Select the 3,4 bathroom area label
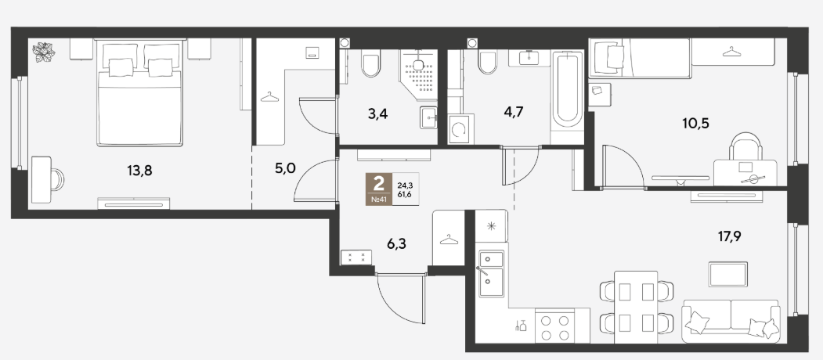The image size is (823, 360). pyautogui.click(x=378, y=114)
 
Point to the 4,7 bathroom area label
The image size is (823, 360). pyautogui.click(x=513, y=111)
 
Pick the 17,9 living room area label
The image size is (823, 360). pyautogui.click(x=730, y=236)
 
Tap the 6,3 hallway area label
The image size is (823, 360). pyautogui.click(x=395, y=243)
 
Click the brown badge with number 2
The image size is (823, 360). pyautogui.click(x=378, y=189)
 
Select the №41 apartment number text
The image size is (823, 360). pyautogui.click(x=378, y=200)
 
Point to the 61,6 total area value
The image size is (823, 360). pyautogui.click(x=405, y=193)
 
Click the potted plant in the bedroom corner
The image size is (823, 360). pyautogui.click(x=44, y=52)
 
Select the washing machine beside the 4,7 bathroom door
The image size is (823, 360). pyautogui.click(x=461, y=128)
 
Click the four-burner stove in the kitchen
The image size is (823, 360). pyautogui.click(x=555, y=327)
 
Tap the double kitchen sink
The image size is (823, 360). pyautogui.click(x=491, y=273)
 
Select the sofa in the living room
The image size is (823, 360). pyautogui.click(x=731, y=321)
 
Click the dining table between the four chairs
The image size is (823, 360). pyautogui.click(x=636, y=307)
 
